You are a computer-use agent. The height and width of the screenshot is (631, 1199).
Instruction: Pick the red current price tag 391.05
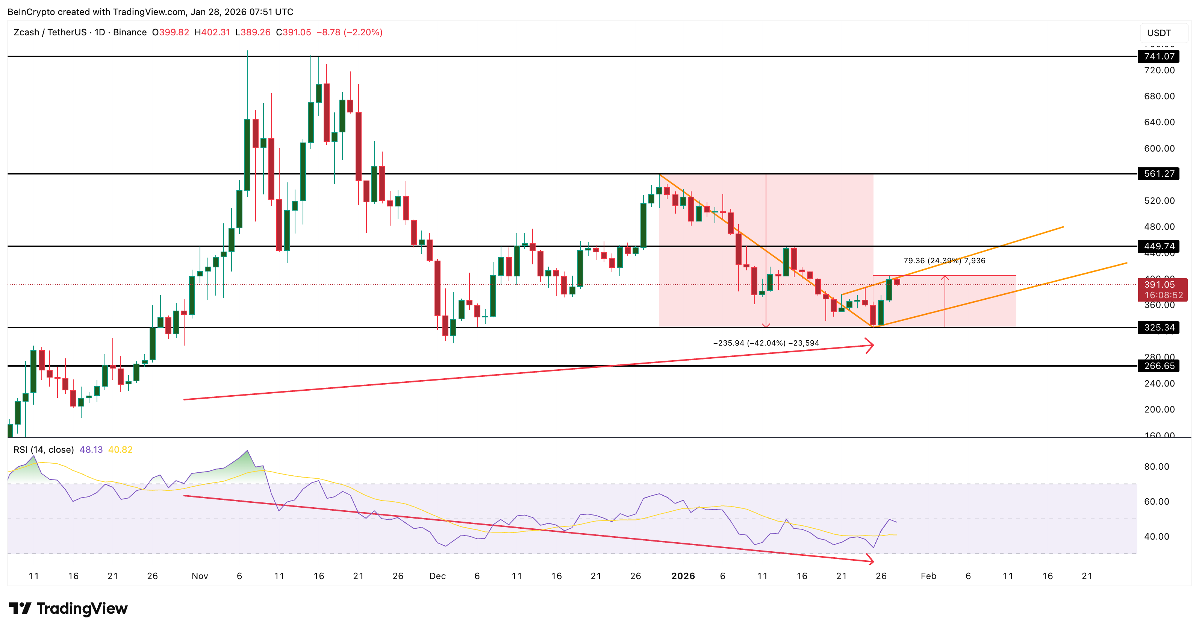[1162, 289]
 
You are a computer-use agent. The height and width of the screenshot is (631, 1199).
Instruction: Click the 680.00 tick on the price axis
[1159, 96]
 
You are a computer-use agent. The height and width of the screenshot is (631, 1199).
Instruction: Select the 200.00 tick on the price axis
[1159, 410]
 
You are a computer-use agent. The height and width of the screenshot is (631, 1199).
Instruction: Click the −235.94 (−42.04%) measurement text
[766, 343]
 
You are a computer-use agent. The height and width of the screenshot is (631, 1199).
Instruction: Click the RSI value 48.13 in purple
[91, 450]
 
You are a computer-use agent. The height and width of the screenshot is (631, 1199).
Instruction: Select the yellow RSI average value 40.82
[120, 450]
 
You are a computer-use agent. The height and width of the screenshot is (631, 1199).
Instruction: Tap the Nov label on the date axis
[200, 576]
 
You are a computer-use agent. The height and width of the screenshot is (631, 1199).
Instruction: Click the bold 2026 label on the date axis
[683, 576]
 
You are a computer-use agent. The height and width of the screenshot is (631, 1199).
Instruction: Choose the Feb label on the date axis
[928, 576]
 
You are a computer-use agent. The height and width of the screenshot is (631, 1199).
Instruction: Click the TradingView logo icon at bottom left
[20, 608]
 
